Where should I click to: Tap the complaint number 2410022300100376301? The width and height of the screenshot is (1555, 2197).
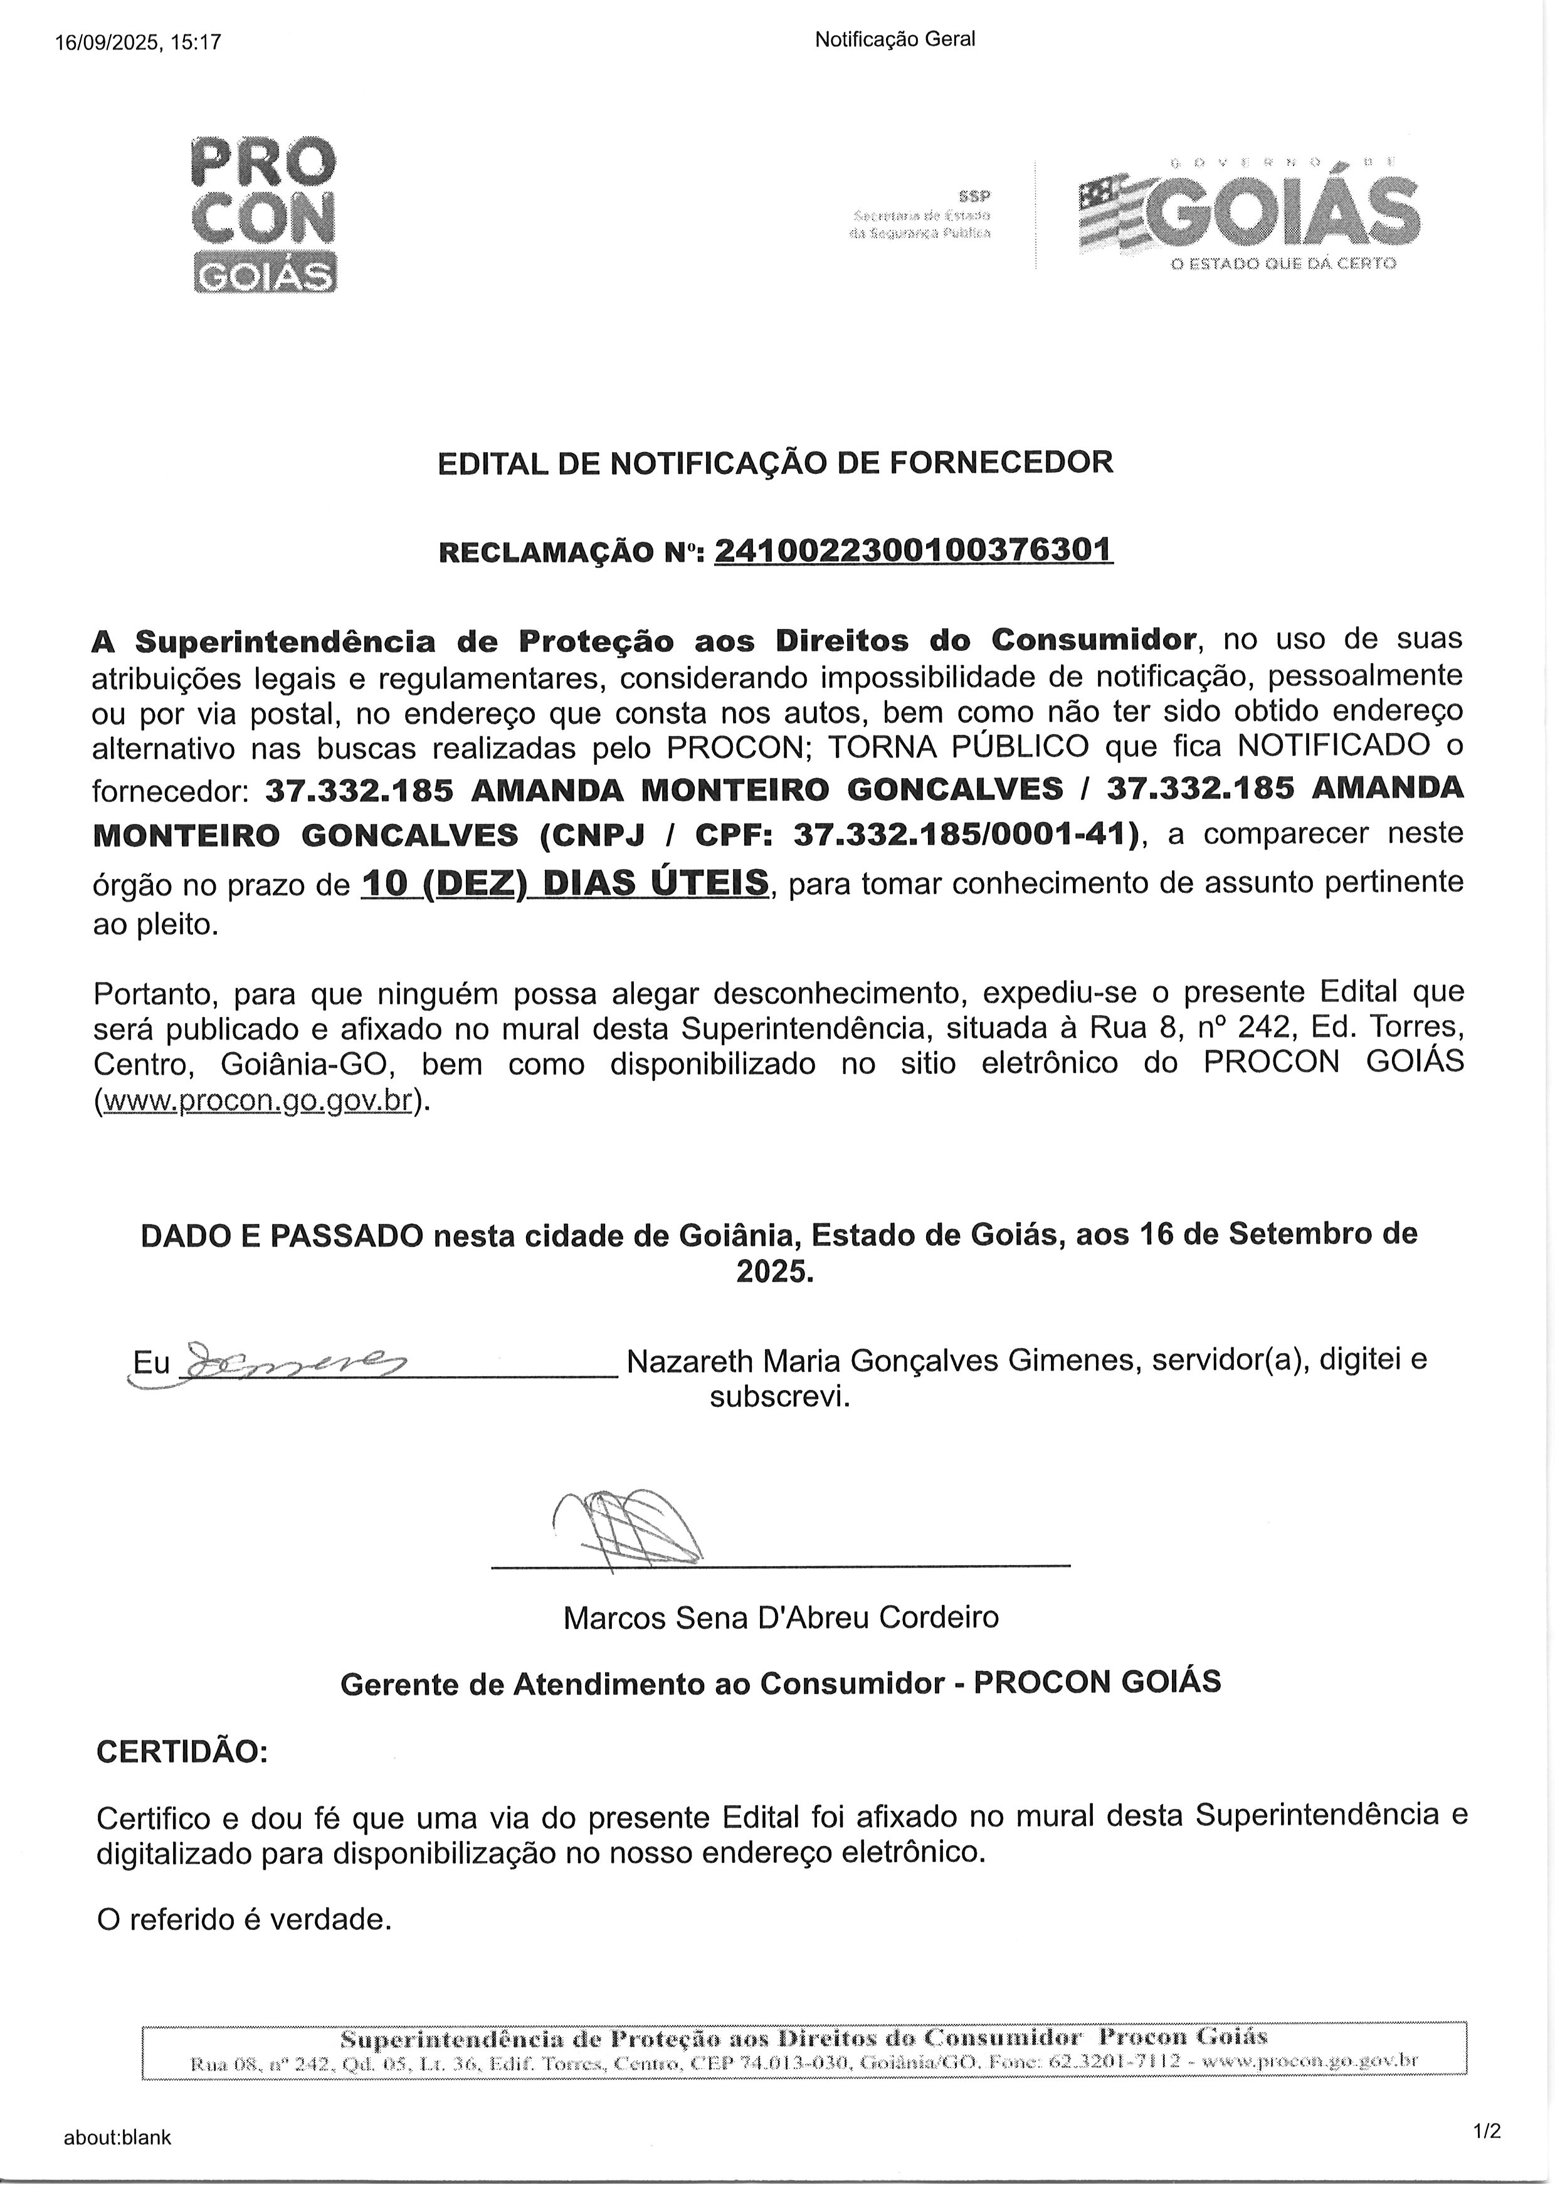coord(914,551)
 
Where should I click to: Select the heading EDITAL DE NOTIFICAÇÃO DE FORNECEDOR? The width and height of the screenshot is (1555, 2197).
coord(776,463)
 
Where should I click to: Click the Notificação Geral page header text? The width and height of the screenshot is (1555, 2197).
coord(894,40)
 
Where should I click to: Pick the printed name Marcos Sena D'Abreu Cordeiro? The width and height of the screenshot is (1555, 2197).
coord(781,1617)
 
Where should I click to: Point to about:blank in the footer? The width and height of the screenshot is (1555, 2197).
coord(118,2137)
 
